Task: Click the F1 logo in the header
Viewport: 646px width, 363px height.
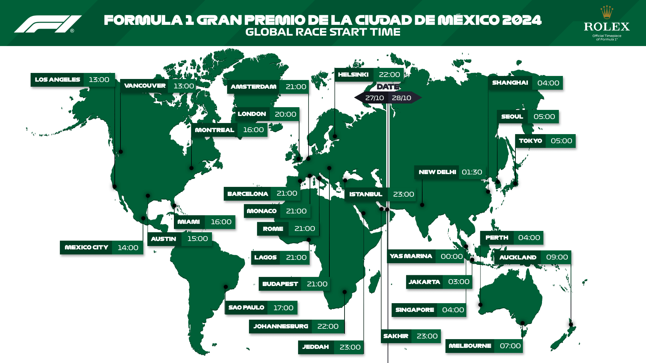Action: click(48, 24)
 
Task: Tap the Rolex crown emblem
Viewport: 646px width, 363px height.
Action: click(607, 12)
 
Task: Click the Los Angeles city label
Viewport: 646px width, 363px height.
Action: click(58, 80)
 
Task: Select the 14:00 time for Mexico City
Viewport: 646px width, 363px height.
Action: click(128, 248)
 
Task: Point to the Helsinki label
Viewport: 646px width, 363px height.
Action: click(353, 75)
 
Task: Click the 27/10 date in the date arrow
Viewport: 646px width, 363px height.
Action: click(374, 98)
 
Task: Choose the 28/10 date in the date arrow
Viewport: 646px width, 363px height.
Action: click(401, 98)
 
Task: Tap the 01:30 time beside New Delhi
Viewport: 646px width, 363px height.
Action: click(472, 172)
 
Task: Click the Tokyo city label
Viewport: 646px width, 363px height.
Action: click(530, 141)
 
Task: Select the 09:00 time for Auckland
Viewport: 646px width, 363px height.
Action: click(557, 257)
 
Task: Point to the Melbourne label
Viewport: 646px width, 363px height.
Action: click(470, 346)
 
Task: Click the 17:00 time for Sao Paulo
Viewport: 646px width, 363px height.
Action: click(283, 308)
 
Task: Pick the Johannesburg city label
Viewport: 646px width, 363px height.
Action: click(281, 326)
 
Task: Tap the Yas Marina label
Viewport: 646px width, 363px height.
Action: click(411, 256)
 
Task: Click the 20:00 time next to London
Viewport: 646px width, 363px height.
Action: click(285, 114)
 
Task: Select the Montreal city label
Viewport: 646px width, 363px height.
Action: click(214, 130)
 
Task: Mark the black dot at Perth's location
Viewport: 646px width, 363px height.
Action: click(480, 305)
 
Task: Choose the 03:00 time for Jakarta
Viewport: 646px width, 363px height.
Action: click(459, 282)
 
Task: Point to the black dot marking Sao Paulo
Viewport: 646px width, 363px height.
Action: click(226, 287)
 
